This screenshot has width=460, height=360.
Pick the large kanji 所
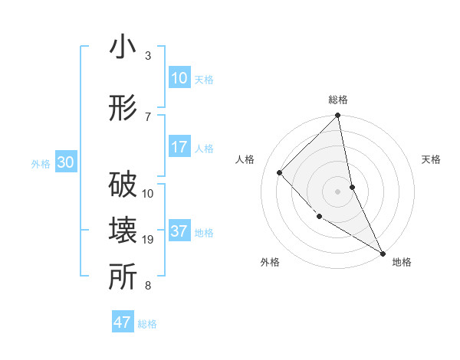pyautogui.click(x=123, y=278)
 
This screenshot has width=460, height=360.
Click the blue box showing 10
pyautogui.click(x=179, y=78)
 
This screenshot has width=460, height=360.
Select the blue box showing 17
pyautogui.click(x=179, y=147)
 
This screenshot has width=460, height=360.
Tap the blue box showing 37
pyautogui.click(x=179, y=231)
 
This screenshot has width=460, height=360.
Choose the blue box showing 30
pyautogui.click(x=65, y=162)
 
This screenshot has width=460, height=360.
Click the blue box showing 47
pyautogui.click(x=123, y=322)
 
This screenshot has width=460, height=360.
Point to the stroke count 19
pyautogui.click(x=148, y=241)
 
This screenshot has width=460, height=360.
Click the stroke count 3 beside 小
pyautogui.click(x=148, y=56)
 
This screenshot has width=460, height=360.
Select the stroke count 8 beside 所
pyautogui.click(x=148, y=286)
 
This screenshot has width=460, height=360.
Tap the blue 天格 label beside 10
pyautogui.click(x=204, y=79)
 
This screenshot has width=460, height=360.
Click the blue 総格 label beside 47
pyautogui.click(x=147, y=324)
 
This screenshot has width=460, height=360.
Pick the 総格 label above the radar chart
pyautogui.click(x=338, y=100)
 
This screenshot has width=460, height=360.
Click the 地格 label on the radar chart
pyautogui.click(x=402, y=262)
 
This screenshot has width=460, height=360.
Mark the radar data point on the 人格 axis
pyautogui.click(x=280, y=172)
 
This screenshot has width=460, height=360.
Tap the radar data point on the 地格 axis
pyautogui.click(x=382, y=253)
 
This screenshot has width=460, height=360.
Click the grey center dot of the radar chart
pyautogui.click(x=338, y=191)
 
